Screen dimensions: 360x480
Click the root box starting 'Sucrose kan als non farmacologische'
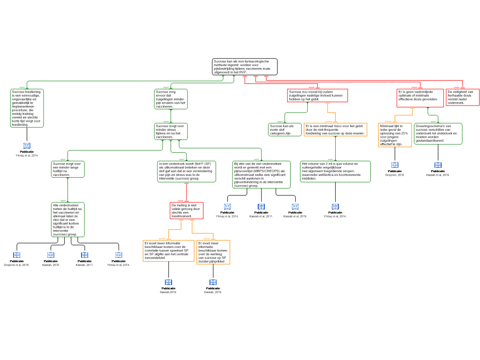[245, 67]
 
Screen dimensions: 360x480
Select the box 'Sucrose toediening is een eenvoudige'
[27, 108]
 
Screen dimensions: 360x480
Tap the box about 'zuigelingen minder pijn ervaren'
[171, 99]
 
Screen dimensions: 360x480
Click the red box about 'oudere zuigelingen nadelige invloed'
[317, 96]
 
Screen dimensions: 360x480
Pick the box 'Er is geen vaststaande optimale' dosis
[420, 98]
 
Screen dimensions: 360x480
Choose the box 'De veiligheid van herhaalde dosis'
[462, 97]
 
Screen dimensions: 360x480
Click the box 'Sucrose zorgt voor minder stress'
[171, 131]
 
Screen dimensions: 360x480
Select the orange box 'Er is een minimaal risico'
[335, 130]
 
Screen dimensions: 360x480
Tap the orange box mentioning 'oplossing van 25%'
[395, 135]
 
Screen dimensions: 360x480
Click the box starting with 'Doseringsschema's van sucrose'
[438, 134]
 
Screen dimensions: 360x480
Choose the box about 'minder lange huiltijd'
[68, 169]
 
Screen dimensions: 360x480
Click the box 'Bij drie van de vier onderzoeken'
[261, 174]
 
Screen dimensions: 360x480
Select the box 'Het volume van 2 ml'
[335, 171]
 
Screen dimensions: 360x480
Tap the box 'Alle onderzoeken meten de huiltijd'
[68, 219]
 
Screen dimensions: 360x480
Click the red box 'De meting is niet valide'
[187, 210]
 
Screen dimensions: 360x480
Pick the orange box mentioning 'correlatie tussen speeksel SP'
[168, 251]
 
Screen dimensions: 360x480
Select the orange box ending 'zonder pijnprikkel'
[213, 252]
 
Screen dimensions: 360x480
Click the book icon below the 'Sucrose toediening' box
[27, 146]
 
